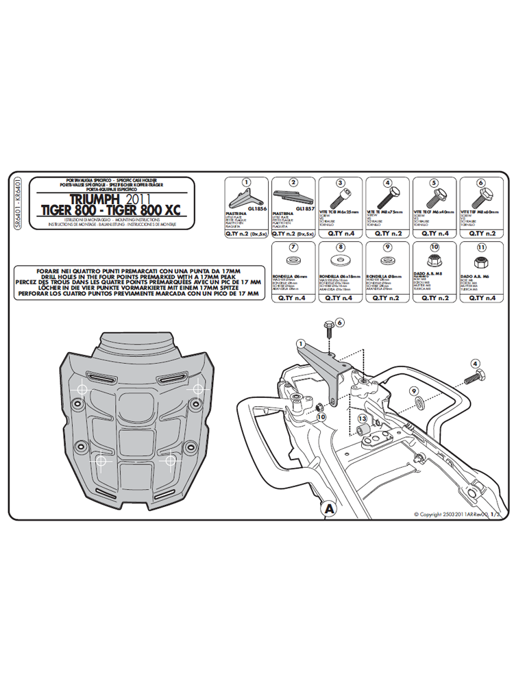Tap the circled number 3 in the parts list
(x=340, y=183)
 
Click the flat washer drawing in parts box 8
(x=339, y=261)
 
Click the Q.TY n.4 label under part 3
(x=339, y=234)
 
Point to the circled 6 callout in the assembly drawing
(x=341, y=323)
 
